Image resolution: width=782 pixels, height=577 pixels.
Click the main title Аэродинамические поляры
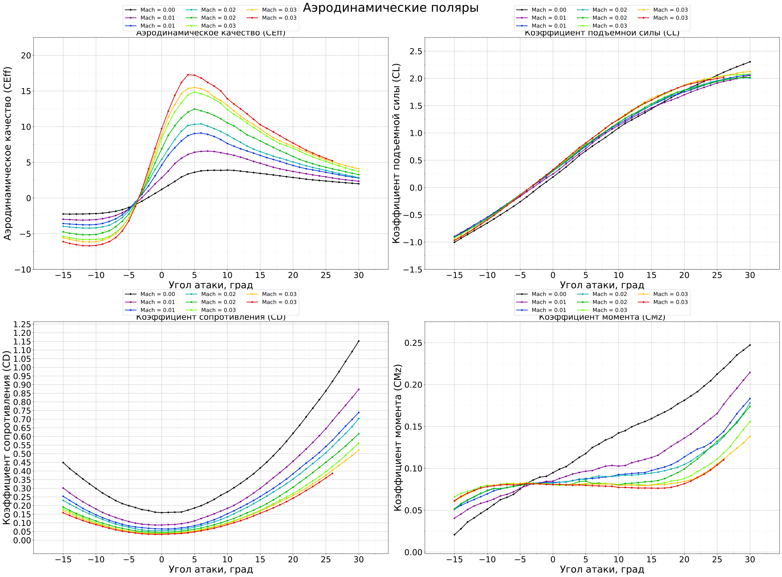[390, 8]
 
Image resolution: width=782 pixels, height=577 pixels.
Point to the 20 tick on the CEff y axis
[26, 55]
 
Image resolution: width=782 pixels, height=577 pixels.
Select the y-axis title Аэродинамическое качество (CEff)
[8, 153]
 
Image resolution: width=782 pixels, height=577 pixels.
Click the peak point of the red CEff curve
[188, 75]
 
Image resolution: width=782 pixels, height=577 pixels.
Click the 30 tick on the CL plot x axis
[750, 275]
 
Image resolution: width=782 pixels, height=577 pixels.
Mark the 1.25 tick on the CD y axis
[22, 325]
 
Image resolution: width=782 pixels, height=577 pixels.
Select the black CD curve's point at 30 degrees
[358, 341]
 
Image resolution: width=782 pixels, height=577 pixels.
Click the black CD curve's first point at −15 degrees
[63, 463]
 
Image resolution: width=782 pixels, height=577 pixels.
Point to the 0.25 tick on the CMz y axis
[413, 343]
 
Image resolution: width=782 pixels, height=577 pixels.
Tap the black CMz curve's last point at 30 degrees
[750, 345]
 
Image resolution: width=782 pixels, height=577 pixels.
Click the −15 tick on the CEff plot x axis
[63, 275]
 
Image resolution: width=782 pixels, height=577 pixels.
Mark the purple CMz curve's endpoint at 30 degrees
[750, 372]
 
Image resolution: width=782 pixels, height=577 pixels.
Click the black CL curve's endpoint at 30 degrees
[750, 62]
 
